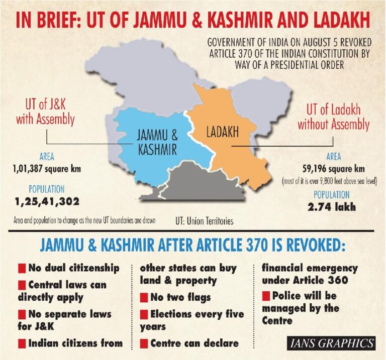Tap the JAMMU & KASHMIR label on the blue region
[157, 142]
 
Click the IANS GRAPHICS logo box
[332, 343]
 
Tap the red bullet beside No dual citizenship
[22, 267]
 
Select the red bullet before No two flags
[144, 298]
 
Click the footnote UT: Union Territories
[205, 220]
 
